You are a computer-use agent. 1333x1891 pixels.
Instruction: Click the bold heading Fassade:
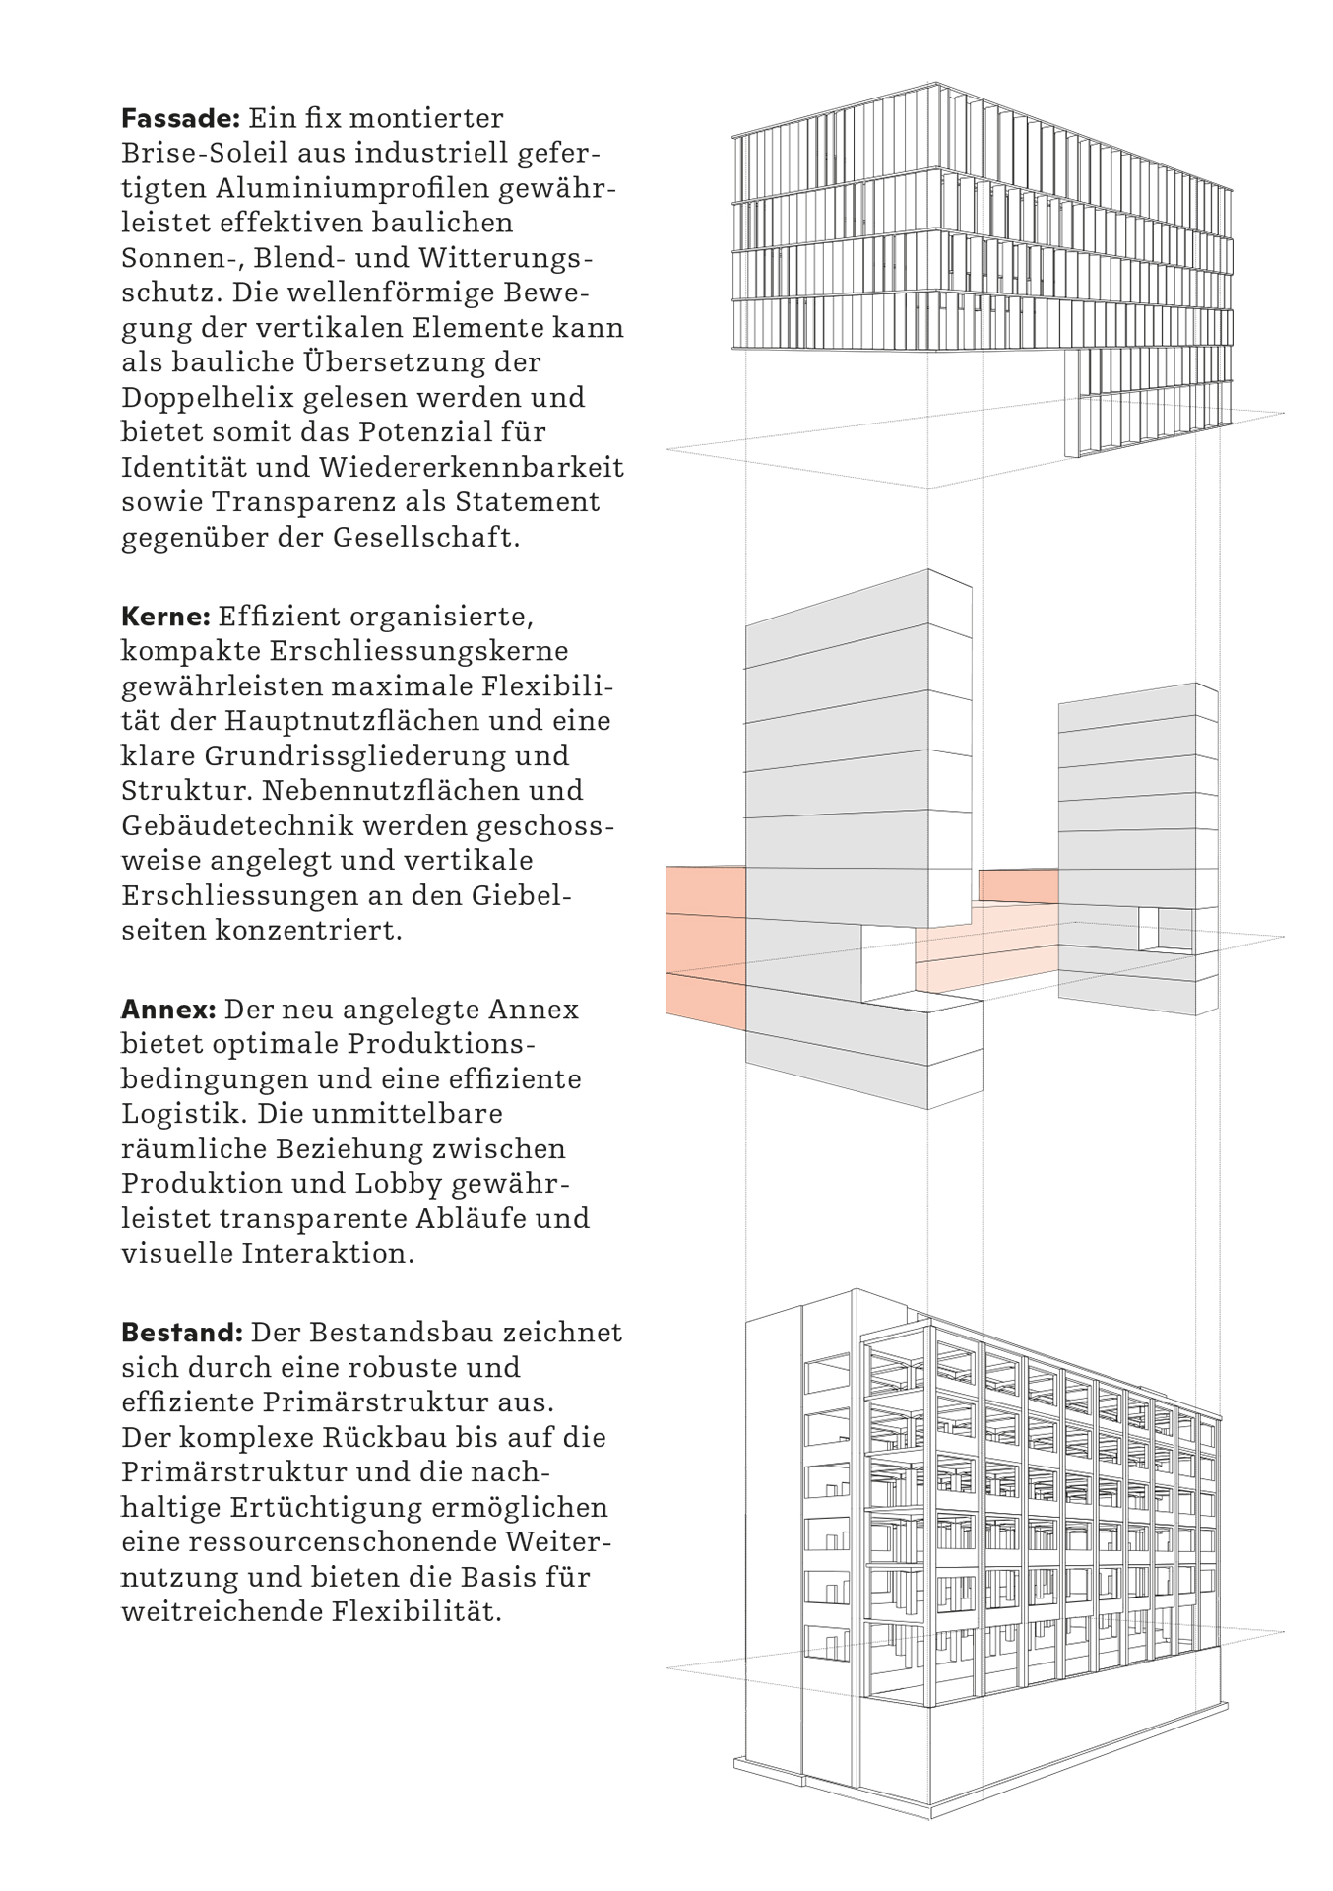180,119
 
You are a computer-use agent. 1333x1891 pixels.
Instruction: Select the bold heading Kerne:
165,618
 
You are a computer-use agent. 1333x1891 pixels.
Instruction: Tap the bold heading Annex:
168,1010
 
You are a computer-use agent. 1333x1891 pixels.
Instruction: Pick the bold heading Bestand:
181,1333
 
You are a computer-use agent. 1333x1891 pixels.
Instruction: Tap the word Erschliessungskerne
424,652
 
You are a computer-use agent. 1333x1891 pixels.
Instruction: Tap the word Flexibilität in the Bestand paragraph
416,1612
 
